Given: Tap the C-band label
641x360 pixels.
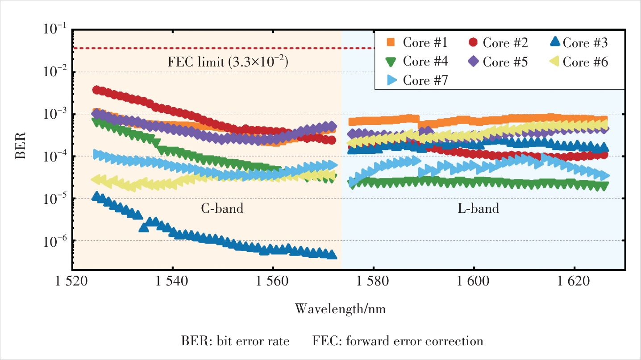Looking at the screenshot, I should (222, 208).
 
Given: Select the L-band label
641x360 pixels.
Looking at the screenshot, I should (478, 208).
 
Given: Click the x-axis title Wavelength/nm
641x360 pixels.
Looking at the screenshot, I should (340, 309).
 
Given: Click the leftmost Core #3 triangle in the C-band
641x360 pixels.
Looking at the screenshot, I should (96, 196).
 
